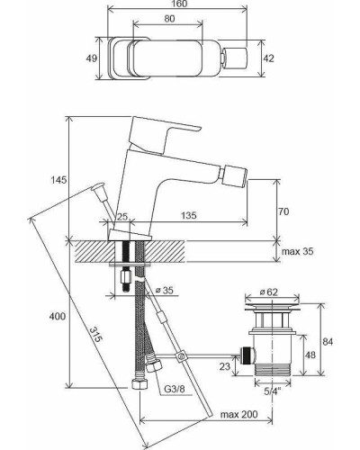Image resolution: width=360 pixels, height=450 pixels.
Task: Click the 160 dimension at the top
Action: point(180,4)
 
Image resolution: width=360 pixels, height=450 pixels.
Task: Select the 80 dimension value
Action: point(170,19)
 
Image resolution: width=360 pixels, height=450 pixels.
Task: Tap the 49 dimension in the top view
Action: point(92,58)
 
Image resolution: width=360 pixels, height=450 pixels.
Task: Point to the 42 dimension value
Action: point(268,58)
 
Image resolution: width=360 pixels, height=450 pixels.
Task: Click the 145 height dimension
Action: point(58,180)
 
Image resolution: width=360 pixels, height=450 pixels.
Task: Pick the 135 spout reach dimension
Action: point(189,215)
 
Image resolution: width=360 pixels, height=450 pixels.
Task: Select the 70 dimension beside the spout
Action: point(283,211)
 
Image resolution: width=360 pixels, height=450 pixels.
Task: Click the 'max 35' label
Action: point(298,251)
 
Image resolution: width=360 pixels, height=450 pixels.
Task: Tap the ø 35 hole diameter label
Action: point(165,290)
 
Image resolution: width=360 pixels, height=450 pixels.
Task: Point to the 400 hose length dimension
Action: point(58,316)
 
